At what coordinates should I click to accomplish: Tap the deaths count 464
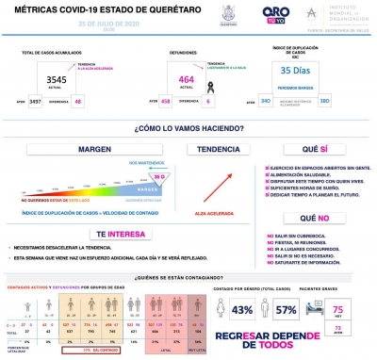tap(185, 80)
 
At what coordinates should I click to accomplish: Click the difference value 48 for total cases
tap(78, 100)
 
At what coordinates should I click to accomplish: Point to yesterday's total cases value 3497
tap(36, 100)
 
